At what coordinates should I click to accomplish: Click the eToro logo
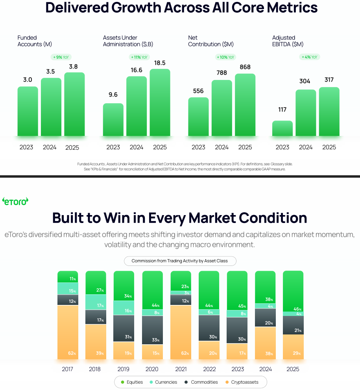click(15, 201)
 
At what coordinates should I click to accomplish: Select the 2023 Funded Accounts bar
click(28, 111)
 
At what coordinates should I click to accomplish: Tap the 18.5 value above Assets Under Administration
click(160, 63)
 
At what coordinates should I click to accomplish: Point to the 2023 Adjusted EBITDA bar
click(282, 128)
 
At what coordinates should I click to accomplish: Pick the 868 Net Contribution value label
click(245, 67)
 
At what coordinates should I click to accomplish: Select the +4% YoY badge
click(310, 57)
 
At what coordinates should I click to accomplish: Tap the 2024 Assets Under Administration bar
click(137, 106)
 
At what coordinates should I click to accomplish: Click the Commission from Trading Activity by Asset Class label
click(181, 261)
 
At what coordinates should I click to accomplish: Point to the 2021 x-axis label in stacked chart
click(181, 369)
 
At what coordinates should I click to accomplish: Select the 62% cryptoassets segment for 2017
click(68, 332)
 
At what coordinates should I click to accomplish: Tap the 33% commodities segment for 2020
click(152, 330)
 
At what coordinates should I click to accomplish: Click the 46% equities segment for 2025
click(293, 291)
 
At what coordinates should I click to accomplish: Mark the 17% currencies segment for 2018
click(96, 302)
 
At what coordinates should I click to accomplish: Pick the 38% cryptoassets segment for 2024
click(265, 343)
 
